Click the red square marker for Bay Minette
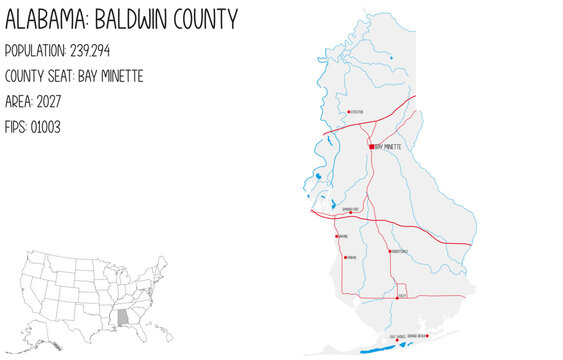pos(371,146)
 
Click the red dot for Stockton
pos(347,112)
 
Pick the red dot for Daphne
pos(337,237)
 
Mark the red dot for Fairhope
pos(345,257)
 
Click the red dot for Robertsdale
pos(389,251)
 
